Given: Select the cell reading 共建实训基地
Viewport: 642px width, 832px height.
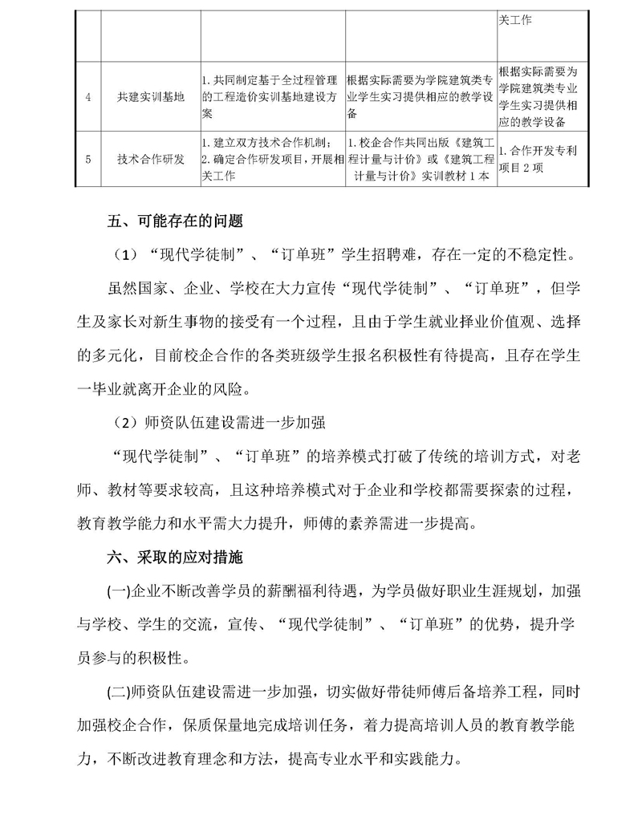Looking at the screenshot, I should coord(150,97).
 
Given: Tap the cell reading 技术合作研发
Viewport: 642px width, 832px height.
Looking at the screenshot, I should coord(150,158).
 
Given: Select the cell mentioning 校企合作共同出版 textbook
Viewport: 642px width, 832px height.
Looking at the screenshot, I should coord(421,158).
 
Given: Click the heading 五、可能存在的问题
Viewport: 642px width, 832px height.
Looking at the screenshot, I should coord(175,219).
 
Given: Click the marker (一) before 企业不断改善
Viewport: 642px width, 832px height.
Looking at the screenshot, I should coord(118,591).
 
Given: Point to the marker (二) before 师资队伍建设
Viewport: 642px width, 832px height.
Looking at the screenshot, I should coord(118,692).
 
